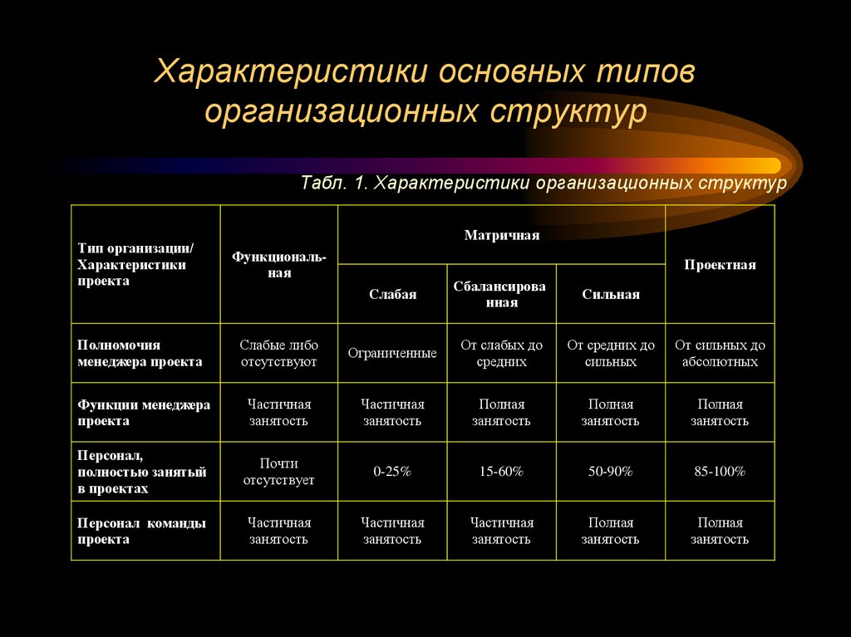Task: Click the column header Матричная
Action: pos(501,235)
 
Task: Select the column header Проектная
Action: pos(720,265)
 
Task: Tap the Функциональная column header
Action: pos(278,265)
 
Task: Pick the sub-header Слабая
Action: pos(392,294)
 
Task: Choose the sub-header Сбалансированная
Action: pos(501,294)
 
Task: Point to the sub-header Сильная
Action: pos(610,294)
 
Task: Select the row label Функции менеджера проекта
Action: pos(144,412)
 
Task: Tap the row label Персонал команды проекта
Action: pos(141,531)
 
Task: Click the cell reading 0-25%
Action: pos(392,472)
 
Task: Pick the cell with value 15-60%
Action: pos(501,472)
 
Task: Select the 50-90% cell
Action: pos(610,472)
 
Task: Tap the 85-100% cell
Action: pos(720,472)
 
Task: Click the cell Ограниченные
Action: pos(392,353)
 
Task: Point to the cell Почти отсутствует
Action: pos(278,472)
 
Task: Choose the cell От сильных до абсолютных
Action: pos(720,353)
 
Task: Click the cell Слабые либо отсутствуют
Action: pos(278,353)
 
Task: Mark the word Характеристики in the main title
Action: pos(291,72)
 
